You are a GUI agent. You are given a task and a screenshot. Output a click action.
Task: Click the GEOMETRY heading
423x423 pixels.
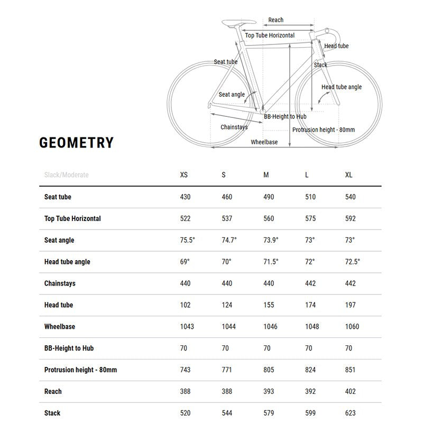click(x=77, y=143)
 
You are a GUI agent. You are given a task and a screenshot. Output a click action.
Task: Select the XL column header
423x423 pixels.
click(x=350, y=175)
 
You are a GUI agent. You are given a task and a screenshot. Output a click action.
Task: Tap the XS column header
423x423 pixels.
click(x=184, y=175)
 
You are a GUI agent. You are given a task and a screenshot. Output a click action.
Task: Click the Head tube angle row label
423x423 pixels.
click(x=67, y=262)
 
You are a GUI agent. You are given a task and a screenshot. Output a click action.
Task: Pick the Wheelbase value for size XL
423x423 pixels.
click(x=352, y=327)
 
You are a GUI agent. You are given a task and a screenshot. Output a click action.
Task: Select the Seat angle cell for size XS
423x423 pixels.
click(x=188, y=240)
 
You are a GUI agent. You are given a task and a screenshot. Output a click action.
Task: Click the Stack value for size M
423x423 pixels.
click(x=269, y=413)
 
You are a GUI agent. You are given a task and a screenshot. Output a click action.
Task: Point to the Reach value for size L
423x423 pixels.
click(x=310, y=391)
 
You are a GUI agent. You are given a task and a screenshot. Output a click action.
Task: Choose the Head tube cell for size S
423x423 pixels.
click(x=227, y=305)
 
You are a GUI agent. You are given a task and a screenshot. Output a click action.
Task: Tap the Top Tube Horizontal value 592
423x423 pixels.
click(x=350, y=218)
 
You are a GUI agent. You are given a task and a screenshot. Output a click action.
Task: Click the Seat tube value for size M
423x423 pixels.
click(x=269, y=197)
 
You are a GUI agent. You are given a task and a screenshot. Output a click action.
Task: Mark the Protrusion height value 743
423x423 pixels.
click(x=186, y=370)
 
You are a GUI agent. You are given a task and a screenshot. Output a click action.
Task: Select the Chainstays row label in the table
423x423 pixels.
click(x=60, y=283)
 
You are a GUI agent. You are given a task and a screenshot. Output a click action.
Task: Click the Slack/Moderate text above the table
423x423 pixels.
click(x=67, y=175)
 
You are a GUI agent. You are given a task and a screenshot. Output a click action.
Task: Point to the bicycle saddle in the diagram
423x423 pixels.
click(x=238, y=22)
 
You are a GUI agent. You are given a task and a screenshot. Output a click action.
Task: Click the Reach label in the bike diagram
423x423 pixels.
click(x=275, y=20)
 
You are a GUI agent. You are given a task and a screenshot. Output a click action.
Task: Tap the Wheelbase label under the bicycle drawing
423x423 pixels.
click(x=264, y=142)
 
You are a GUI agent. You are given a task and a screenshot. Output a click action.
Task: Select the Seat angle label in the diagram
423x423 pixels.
click(x=232, y=95)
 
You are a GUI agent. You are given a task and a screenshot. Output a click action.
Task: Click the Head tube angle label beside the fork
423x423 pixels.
click(x=342, y=87)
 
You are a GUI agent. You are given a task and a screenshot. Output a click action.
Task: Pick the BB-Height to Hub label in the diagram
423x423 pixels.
click(x=285, y=116)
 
